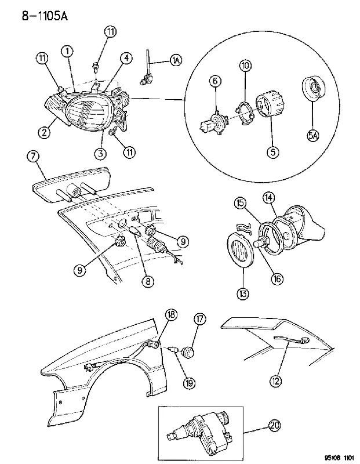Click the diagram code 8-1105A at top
[x=45, y=16]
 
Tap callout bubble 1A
[x=176, y=60]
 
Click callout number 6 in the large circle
[x=215, y=81]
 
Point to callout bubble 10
[x=246, y=66]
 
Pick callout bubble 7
[x=33, y=157]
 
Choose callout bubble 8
[x=148, y=281]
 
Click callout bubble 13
[x=242, y=294]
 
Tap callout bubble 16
[x=277, y=279]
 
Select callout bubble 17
[x=200, y=319]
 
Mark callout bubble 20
[x=274, y=425]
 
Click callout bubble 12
[x=276, y=381]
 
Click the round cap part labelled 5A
[x=313, y=89]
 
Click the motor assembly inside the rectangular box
[x=201, y=429]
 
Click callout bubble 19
[x=189, y=383]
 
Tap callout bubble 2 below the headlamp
[x=44, y=132]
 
